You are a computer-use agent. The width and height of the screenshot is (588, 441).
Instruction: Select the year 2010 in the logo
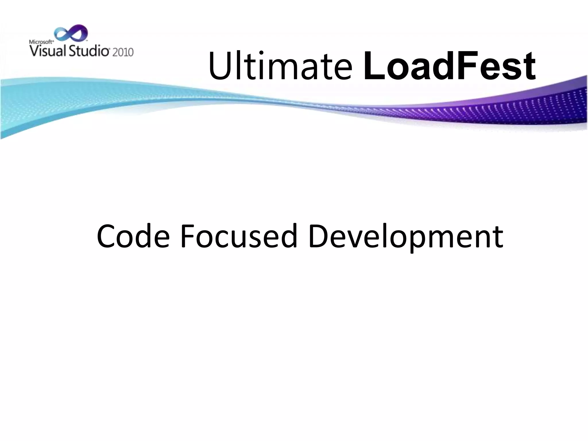click(123, 52)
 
